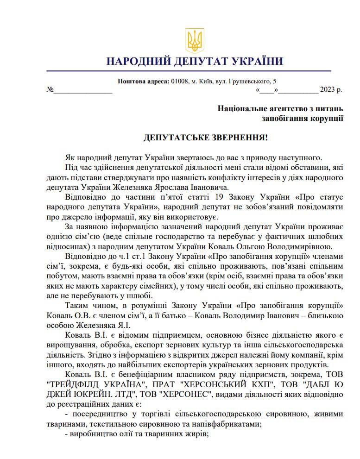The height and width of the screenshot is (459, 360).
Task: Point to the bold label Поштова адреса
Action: [144, 82]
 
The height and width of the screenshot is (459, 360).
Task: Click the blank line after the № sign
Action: [83, 91]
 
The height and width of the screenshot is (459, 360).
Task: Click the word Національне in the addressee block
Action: [241, 109]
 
